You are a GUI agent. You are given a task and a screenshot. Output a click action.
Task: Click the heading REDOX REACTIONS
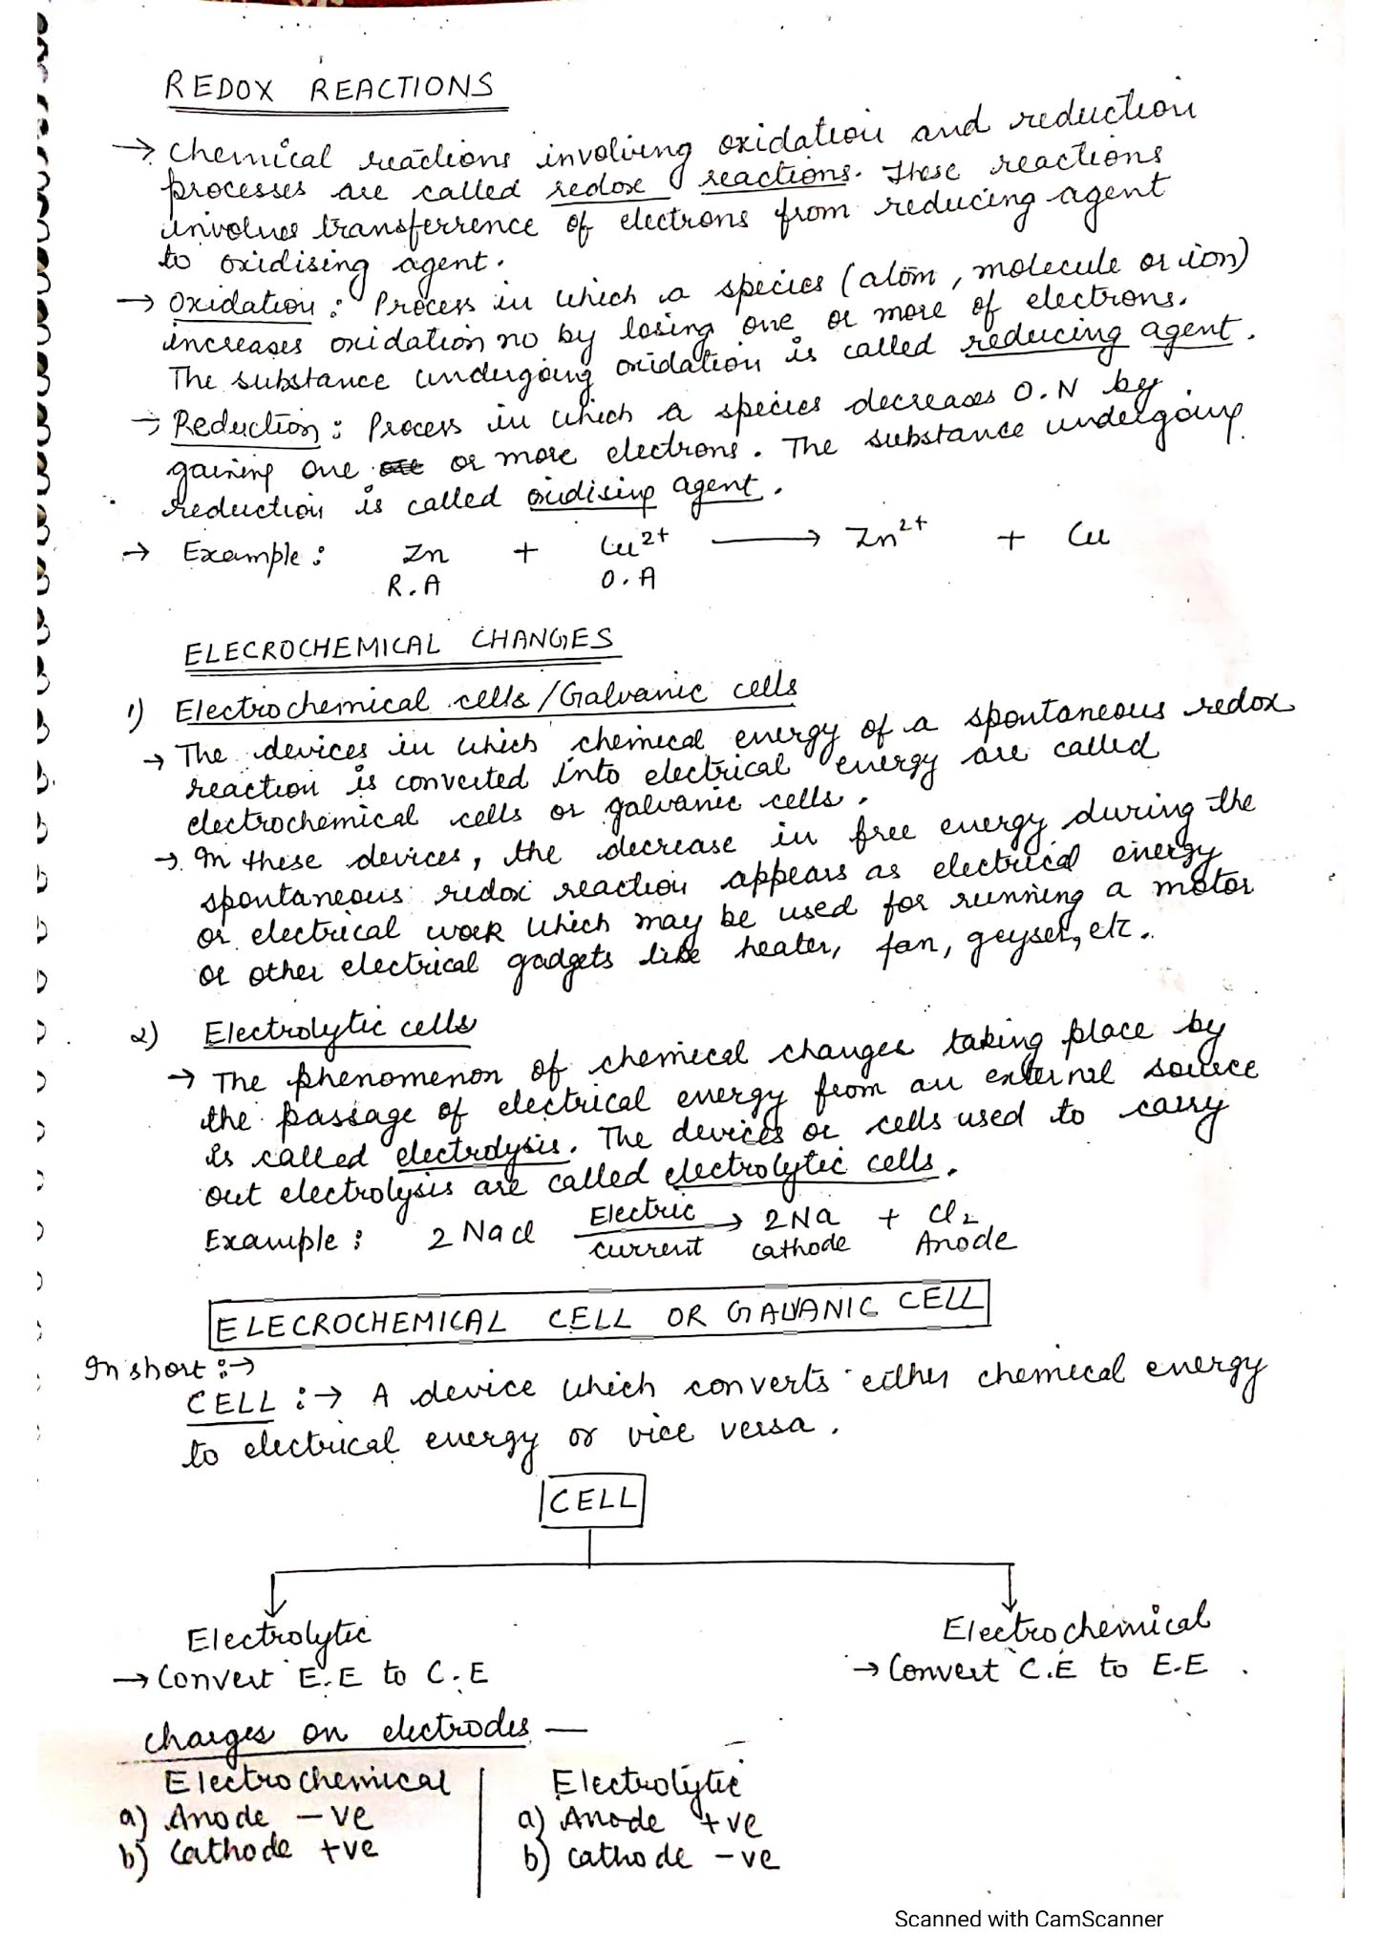330,88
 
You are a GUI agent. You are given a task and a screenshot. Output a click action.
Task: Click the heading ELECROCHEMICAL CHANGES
399,646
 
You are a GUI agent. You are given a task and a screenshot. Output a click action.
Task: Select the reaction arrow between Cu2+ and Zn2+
766,541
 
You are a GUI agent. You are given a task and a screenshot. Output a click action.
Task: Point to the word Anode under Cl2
965,1243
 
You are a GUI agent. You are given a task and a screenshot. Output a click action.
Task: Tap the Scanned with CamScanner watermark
1028,1918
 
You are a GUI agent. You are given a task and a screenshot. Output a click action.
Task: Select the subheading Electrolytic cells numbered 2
339,1031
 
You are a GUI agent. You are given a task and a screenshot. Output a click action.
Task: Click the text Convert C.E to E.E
1047,1668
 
